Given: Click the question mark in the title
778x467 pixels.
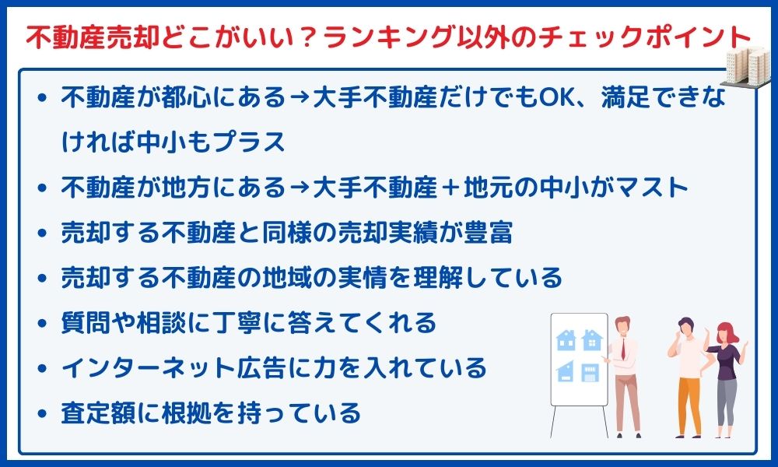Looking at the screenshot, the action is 310,37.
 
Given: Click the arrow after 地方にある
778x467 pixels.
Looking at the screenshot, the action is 300,188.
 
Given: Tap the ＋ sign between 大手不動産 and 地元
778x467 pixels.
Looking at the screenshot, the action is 450,188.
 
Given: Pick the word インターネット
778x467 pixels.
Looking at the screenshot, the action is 149,368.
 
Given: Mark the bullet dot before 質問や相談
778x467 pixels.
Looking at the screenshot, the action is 43,324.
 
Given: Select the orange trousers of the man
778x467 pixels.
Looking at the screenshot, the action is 689,405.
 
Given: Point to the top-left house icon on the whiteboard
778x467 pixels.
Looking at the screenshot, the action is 566,340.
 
